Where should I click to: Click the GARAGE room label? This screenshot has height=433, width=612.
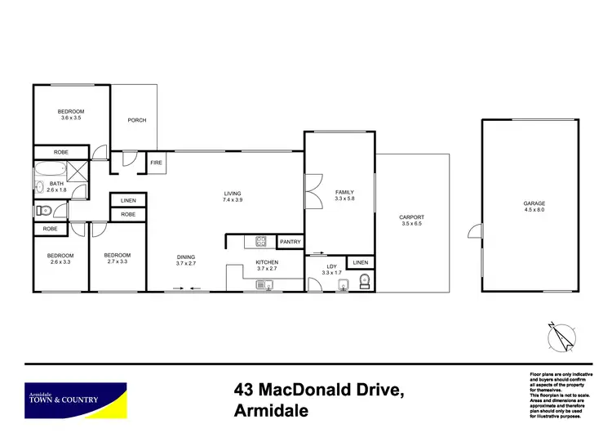coord(534,203)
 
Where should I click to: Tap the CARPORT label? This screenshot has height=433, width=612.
coord(411,217)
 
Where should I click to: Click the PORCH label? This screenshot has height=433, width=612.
coord(137,121)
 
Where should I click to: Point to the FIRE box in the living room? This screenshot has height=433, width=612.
coord(157,163)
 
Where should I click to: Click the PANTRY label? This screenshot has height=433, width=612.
coord(290,242)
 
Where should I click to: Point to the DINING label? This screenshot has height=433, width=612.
coord(186,257)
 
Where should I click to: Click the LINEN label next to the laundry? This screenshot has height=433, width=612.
coord(359,262)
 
